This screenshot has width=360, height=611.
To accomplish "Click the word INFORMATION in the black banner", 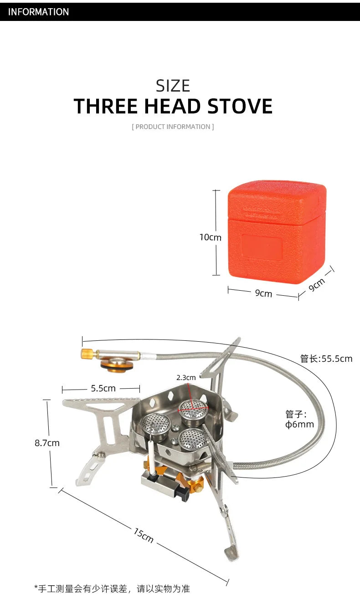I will [x=38, y=12].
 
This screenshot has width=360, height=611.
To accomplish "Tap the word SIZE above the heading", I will [x=173, y=86].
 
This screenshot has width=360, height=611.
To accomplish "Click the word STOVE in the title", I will [x=240, y=107].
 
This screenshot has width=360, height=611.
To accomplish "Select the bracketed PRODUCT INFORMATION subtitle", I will [x=173, y=127].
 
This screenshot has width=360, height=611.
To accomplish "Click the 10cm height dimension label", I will [x=210, y=237].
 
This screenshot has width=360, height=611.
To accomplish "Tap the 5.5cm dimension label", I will [x=103, y=388].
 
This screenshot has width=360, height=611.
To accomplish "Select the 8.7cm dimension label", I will [x=47, y=442].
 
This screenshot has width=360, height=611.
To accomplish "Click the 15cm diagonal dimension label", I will [x=144, y=535].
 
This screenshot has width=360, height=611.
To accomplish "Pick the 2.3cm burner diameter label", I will [x=186, y=377].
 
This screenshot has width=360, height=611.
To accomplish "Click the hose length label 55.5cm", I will [x=326, y=359].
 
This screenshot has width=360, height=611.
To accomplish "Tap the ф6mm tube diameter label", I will [x=299, y=420].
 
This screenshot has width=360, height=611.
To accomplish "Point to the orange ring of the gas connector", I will [x=117, y=365].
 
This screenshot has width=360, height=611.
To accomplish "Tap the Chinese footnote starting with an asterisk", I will [x=112, y=589].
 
